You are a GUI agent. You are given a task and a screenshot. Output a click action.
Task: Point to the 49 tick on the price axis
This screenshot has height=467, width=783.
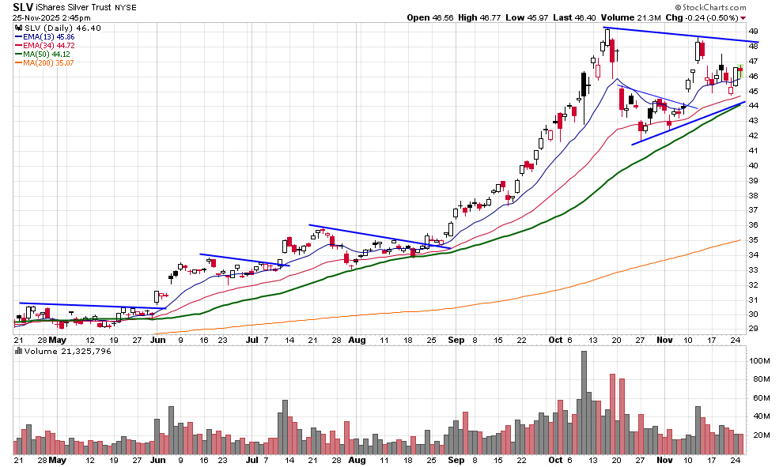pos(753,31)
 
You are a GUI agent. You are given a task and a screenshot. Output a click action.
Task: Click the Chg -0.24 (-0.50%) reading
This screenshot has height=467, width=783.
pos(706,17)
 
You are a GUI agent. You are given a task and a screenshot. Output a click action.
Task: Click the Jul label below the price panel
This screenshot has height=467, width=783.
pos(252,340)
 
